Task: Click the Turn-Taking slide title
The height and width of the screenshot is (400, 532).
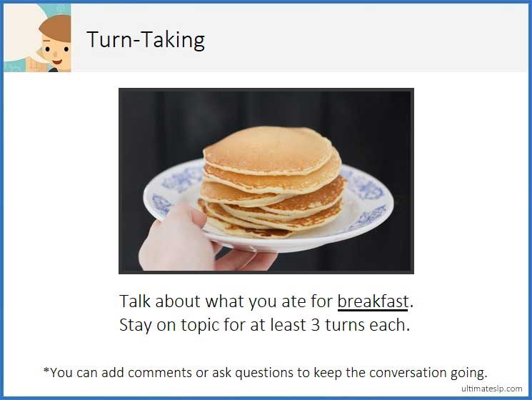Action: [146, 39]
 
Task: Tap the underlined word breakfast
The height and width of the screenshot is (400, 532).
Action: [372, 301]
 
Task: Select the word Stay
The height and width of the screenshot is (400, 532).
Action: [136, 325]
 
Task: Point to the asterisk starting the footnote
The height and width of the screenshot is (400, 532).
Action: [46, 370]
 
